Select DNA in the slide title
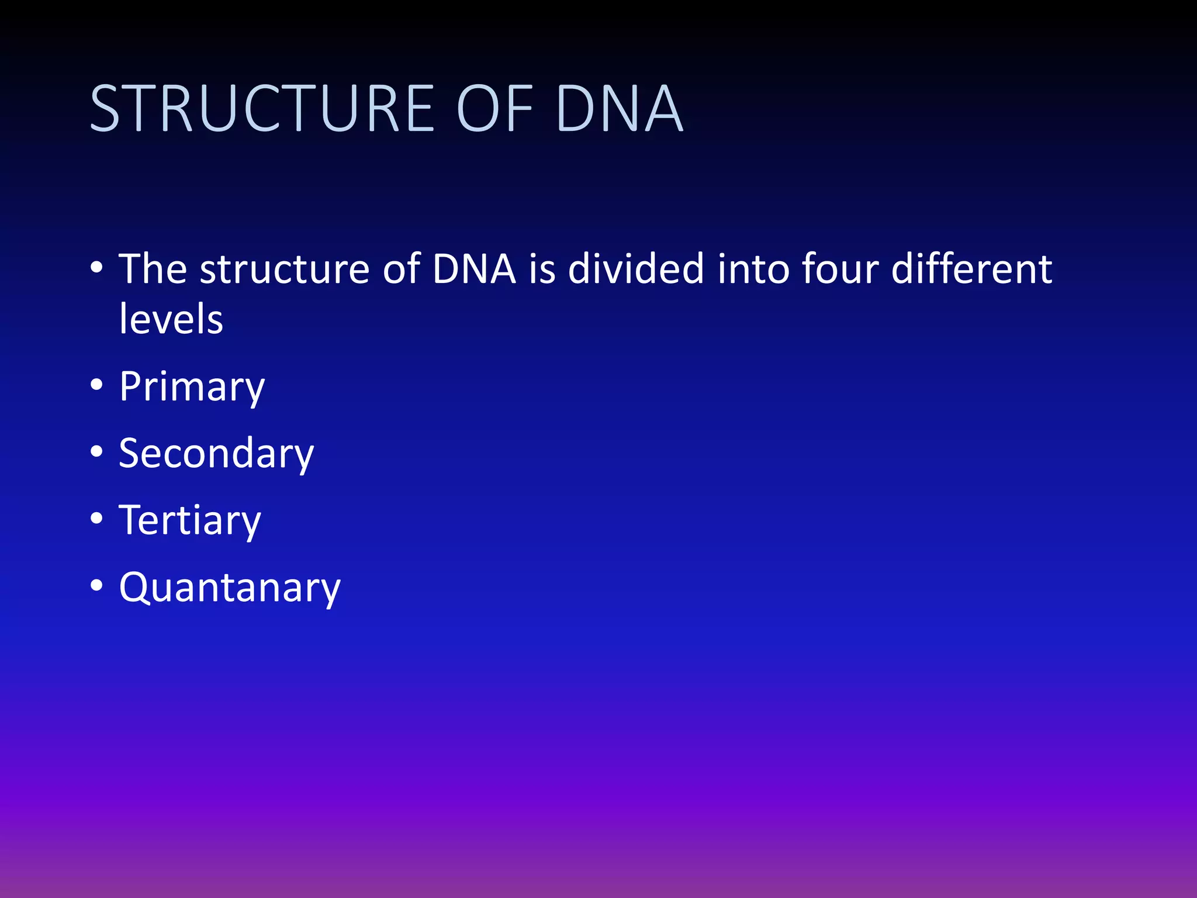click(x=620, y=109)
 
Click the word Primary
click(x=192, y=387)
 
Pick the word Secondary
click(x=216, y=454)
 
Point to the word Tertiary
click(x=190, y=520)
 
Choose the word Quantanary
click(x=230, y=587)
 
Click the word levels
click(x=171, y=319)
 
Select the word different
click(x=971, y=269)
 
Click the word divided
click(x=636, y=269)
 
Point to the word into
click(x=753, y=269)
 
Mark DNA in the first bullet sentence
click(x=474, y=269)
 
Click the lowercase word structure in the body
click(x=284, y=269)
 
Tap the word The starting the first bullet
click(x=153, y=269)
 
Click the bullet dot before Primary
click(x=97, y=385)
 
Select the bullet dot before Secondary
click(x=97, y=452)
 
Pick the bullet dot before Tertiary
click(x=97, y=519)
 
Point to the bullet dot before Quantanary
click(x=97, y=585)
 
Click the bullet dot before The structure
click(x=97, y=268)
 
